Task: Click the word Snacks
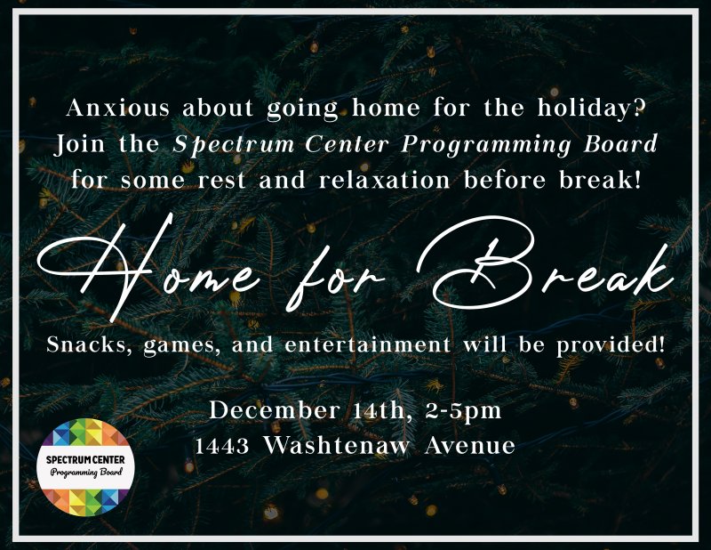pyautogui.click(x=85, y=344)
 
